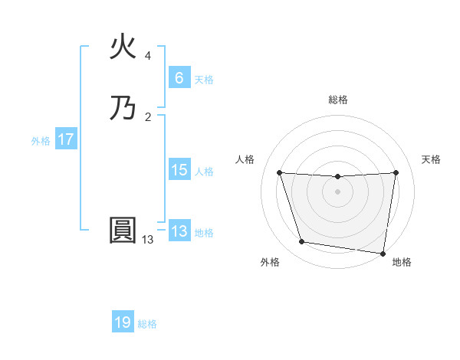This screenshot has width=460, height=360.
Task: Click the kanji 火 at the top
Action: click(123, 48)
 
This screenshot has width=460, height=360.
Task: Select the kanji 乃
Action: click(123, 107)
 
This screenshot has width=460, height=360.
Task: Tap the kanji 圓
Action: click(123, 231)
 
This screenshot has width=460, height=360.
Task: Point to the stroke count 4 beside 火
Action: click(148, 56)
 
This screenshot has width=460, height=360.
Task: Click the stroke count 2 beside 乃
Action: click(148, 116)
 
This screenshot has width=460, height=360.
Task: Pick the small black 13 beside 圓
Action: click(148, 240)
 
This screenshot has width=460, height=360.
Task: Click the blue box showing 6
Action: click(179, 77)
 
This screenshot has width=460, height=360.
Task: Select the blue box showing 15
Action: click(179, 170)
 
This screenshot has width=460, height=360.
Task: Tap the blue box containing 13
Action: click(179, 231)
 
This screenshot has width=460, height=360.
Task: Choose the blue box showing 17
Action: click(65, 139)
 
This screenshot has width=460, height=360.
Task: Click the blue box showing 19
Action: click(123, 322)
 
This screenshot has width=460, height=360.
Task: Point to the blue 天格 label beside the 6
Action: click(204, 79)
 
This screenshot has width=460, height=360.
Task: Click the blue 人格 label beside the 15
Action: click(204, 172)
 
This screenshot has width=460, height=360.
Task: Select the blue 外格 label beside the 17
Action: click(41, 141)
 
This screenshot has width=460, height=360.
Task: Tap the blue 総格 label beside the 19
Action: click(147, 324)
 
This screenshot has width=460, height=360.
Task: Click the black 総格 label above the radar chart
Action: click(338, 100)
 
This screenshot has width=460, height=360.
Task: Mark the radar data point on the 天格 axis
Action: click(396, 173)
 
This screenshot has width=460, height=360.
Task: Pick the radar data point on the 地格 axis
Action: click(383, 253)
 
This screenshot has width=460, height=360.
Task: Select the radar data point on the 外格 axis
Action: click(302, 242)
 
